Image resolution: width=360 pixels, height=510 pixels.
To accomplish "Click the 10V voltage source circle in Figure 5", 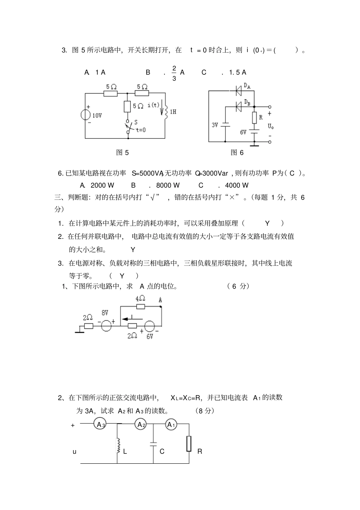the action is [85, 115].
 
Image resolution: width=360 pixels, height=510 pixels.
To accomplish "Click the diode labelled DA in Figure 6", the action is [239, 91].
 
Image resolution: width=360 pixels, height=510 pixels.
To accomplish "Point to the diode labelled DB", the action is [239, 107].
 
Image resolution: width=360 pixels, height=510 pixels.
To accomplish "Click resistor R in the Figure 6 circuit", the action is [254, 118].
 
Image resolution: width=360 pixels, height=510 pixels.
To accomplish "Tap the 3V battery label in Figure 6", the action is [215, 125].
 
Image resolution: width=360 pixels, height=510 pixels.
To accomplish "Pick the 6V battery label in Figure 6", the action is [243, 132].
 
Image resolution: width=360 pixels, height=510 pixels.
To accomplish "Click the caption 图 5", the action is [122, 152].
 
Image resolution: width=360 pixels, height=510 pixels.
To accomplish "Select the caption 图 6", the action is [237, 152].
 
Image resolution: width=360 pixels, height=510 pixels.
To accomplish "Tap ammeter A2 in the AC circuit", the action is [141, 424].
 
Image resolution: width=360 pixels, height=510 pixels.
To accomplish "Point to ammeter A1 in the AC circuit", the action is [171, 424].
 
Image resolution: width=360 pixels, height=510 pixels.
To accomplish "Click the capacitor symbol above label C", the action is [153, 444].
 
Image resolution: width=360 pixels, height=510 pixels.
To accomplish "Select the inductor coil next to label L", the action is [117, 444].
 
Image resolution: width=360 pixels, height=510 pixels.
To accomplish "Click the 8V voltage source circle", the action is [106, 325].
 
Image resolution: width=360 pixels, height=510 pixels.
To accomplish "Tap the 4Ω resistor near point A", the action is [140, 306].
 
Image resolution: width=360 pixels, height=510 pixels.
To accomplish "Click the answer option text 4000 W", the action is [237, 185].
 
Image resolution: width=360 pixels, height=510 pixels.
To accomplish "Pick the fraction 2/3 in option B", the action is [174, 73].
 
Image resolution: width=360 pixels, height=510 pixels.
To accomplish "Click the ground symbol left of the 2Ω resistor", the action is [79, 331].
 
